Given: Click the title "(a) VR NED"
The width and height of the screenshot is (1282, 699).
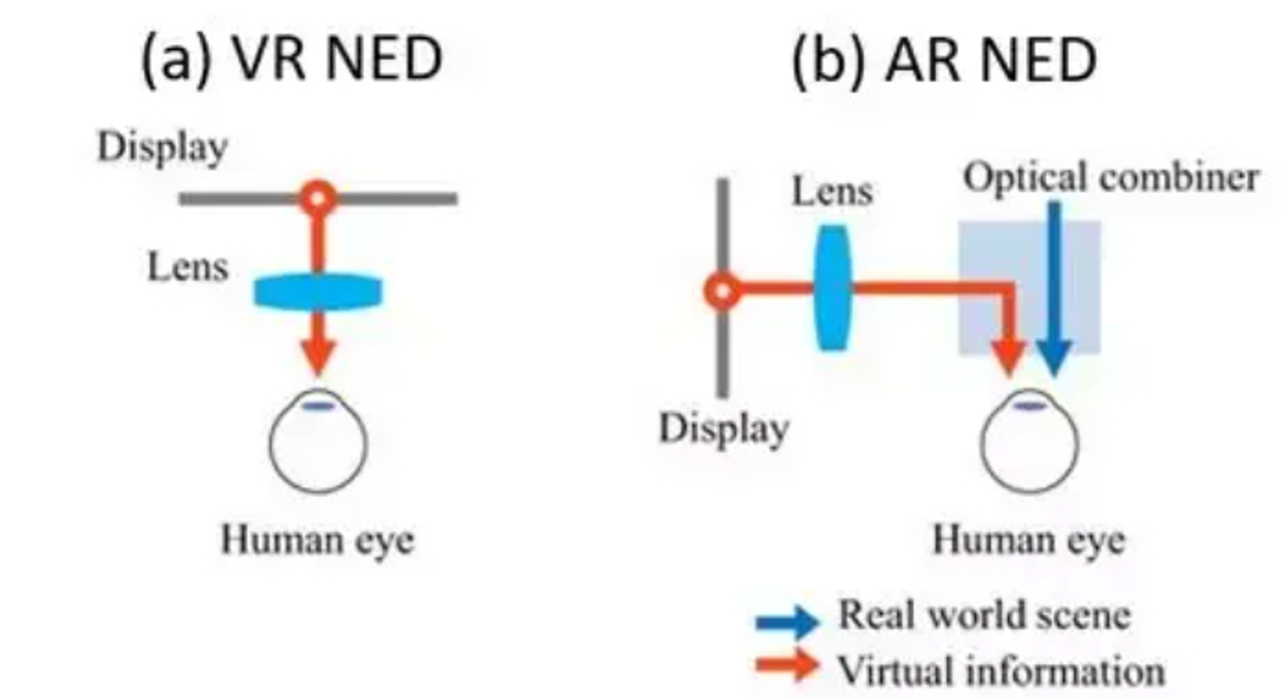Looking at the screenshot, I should click(x=291, y=60).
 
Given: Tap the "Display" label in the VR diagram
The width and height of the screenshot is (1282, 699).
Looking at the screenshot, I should click(x=162, y=148).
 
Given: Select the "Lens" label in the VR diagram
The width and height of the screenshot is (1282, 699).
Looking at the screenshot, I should click(x=187, y=267).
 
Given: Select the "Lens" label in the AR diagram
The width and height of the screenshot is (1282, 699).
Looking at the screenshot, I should click(x=832, y=191).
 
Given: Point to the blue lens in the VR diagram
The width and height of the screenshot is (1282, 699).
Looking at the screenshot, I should click(x=318, y=292).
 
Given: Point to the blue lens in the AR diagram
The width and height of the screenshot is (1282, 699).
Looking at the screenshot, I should click(x=833, y=289).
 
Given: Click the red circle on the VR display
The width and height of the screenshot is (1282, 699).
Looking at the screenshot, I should click(x=318, y=197).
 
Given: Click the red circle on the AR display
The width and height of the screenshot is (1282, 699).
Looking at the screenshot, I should click(x=722, y=291).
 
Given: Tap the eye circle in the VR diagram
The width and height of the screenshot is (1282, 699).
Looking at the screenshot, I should click(x=318, y=445).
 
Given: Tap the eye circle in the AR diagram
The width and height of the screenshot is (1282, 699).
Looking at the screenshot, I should click(x=1028, y=445).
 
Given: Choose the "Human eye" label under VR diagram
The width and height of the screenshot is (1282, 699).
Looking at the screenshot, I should click(x=317, y=539).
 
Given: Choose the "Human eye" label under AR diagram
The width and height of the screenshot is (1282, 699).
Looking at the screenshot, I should click(x=1028, y=539).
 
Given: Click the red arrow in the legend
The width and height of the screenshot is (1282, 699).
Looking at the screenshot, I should click(x=787, y=666).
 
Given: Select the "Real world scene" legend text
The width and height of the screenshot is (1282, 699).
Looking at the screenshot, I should click(x=983, y=614).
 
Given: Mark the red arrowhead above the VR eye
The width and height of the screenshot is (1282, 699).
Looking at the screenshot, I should click(x=318, y=355).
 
